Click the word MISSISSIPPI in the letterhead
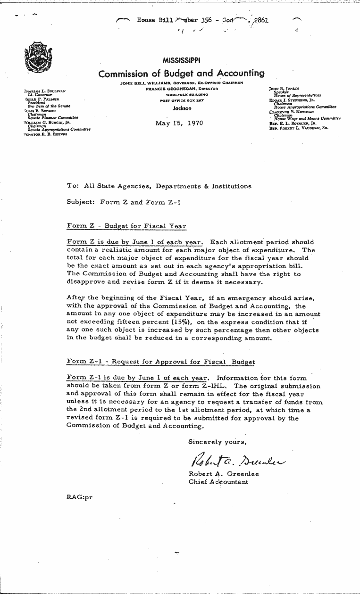(181, 60)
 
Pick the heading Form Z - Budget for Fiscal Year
(127, 225)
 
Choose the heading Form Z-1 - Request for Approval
(161, 362)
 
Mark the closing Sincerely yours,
(217, 442)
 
